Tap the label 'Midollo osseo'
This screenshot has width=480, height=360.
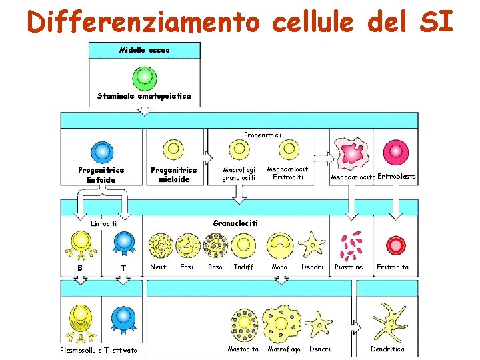tap(144, 50)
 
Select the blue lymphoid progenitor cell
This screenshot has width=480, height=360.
tap(101, 150)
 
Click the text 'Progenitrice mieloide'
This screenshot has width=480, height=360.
tap(173, 174)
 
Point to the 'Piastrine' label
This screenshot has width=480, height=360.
tap(349, 267)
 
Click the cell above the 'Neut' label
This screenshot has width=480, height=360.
tap(159, 245)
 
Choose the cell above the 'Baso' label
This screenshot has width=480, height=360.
tap(215, 245)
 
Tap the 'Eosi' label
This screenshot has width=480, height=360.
tap(187, 267)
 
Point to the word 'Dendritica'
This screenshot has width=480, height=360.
tap(387, 349)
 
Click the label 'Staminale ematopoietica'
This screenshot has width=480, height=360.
tap(144, 96)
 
